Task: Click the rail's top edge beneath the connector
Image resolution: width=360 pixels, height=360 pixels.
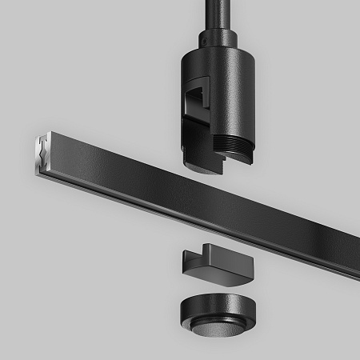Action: [x=200, y=178]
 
